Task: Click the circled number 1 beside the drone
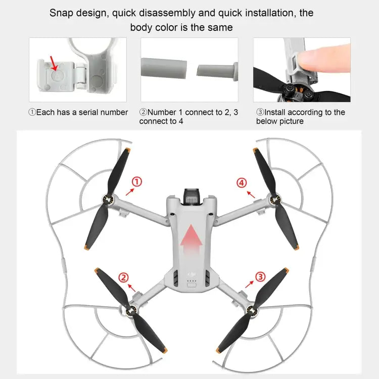pos(136,182)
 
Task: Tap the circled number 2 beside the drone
pos(123,277)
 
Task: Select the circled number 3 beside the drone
pos(260,276)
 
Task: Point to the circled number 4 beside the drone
pos(242,182)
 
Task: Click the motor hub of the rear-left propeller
pos(132,311)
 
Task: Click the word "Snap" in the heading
pos(61,13)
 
